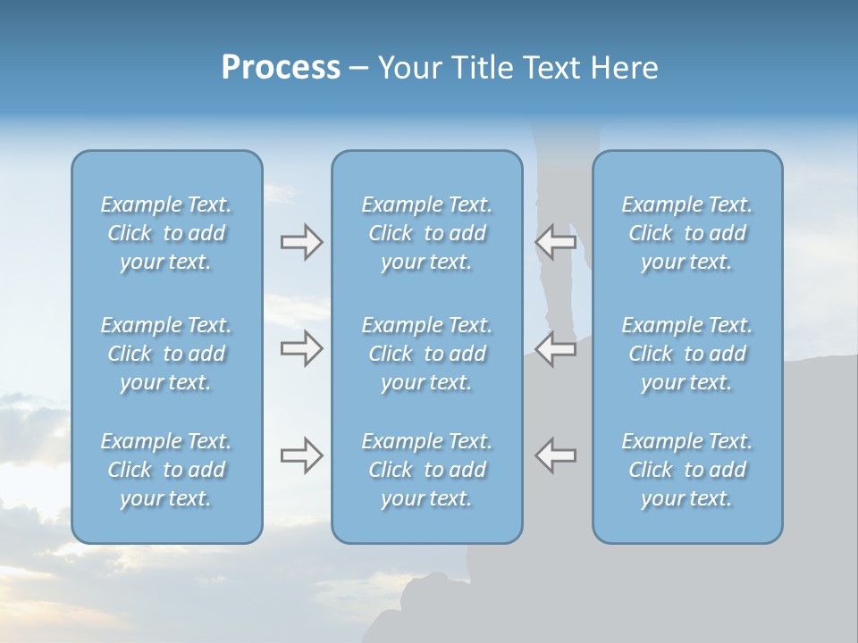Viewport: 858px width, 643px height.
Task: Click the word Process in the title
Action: (x=281, y=68)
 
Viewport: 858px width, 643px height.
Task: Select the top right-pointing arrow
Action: (x=301, y=242)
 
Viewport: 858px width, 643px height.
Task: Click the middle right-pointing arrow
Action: (x=301, y=348)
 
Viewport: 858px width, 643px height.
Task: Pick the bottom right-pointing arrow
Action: (x=301, y=455)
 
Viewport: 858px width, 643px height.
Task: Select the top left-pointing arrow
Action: (x=556, y=242)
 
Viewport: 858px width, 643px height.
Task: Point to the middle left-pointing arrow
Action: (x=556, y=348)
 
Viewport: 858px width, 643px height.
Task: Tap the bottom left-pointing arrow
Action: (x=556, y=455)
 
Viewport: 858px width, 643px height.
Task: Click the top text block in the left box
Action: (x=166, y=233)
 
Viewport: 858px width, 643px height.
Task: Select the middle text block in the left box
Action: (x=166, y=354)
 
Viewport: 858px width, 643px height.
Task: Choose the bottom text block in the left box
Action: (x=166, y=470)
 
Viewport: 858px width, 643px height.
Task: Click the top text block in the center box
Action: (x=426, y=233)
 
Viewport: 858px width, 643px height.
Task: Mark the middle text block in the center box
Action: (x=426, y=354)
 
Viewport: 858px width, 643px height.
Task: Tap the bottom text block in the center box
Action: (x=426, y=470)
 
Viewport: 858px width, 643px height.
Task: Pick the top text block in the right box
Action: (x=686, y=233)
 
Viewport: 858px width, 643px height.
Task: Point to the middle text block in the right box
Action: (x=686, y=354)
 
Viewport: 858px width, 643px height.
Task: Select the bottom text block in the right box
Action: (x=686, y=470)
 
